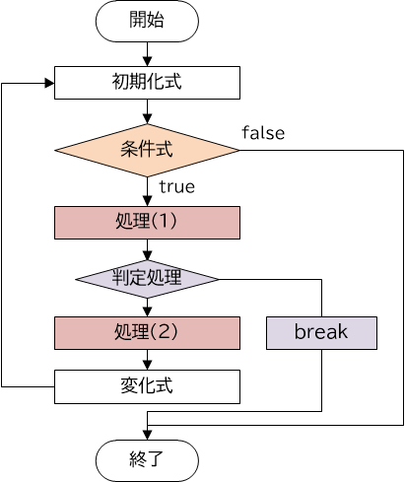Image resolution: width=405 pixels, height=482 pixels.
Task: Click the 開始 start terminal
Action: (x=147, y=21)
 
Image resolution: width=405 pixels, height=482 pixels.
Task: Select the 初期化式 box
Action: (x=147, y=83)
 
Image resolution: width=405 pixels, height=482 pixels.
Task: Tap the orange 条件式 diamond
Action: (x=147, y=150)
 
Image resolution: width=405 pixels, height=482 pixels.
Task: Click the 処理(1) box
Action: (x=147, y=222)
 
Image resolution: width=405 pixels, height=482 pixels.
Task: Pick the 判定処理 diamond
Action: (x=147, y=278)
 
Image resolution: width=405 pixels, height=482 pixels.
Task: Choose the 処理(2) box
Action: (x=147, y=332)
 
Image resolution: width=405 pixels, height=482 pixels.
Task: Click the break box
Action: (x=321, y=332)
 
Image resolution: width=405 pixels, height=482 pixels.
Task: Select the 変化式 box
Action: (x=147, y=386)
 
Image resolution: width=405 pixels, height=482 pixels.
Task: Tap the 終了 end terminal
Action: (x=147, y=459)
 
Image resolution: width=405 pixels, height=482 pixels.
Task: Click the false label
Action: (x=263, y=133)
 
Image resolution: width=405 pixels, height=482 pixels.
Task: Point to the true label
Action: (x=176, y=186)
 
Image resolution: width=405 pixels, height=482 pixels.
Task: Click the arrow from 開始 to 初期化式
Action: (x=147, y=53)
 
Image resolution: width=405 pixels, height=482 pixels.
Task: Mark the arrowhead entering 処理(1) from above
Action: (x=147, y=201)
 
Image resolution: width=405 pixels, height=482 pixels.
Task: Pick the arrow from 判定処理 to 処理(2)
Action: (x=147, y=306)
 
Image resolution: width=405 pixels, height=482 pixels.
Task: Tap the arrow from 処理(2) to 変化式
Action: (x=147, y=359)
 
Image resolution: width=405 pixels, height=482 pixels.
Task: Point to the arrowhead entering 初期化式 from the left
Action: (x=48, y=83)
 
